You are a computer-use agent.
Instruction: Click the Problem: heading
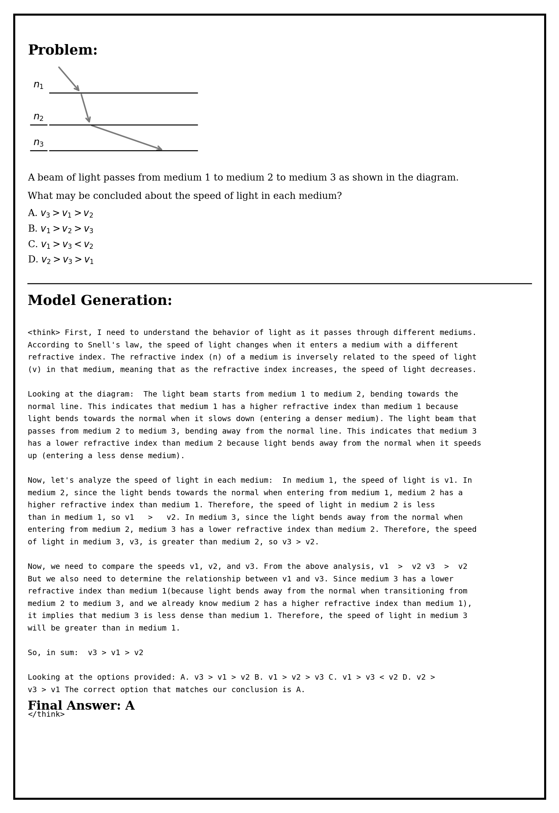[62, 50]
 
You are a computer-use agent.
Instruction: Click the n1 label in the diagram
[38, 85]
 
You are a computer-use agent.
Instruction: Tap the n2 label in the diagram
[38, 117]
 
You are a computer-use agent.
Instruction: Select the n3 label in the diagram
[38, 143]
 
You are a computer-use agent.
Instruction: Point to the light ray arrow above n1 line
[69, 79]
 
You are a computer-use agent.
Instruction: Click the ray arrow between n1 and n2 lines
[85, 108]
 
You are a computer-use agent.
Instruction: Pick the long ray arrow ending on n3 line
[126, 137]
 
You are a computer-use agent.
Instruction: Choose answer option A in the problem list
[60, 213]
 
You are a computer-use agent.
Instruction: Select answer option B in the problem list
[60, 229]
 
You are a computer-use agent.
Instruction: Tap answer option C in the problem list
[60, 244]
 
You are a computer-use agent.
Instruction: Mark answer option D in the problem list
[60, 260]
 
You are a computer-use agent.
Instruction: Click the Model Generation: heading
[100, 301]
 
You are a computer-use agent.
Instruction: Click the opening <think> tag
[44, 333]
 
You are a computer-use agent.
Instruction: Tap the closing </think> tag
[46, 714]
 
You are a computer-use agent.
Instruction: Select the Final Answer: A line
[81, 705]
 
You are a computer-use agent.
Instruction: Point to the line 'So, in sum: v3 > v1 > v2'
[85, 653]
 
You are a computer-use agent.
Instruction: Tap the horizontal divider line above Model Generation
[279, 283]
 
